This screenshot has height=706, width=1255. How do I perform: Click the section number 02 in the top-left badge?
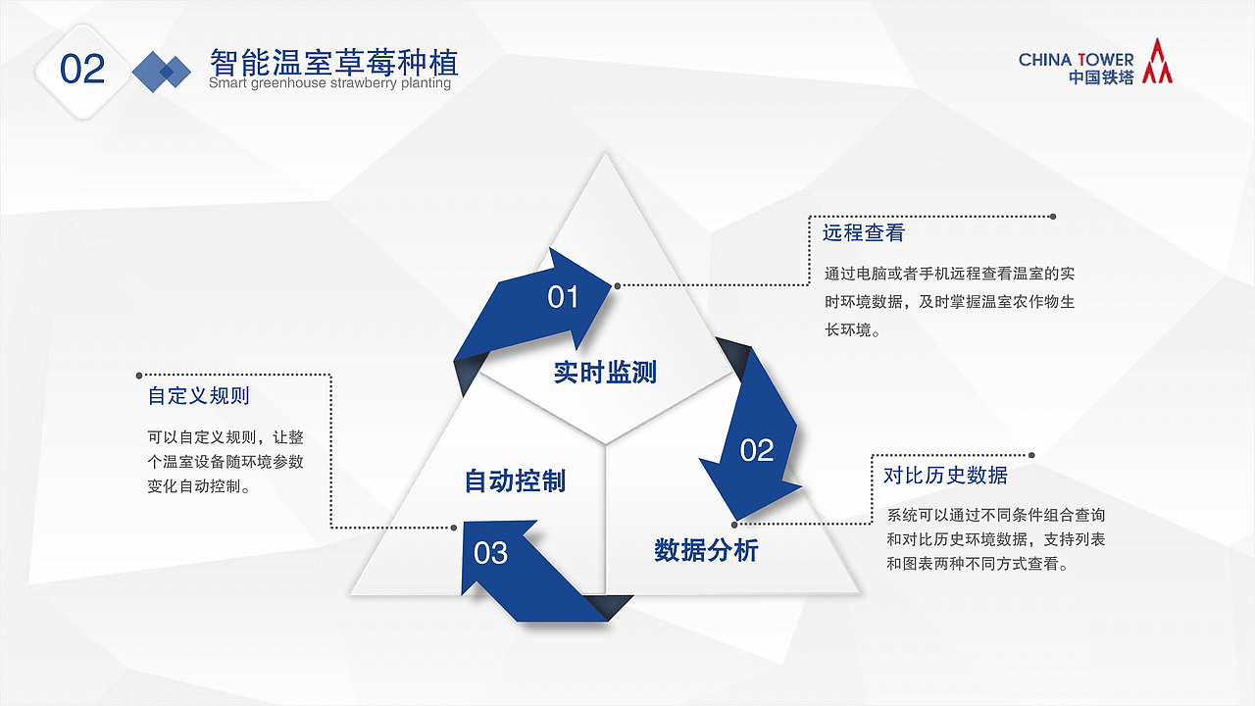(82, 69)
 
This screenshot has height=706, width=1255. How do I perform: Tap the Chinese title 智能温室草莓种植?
(333, 63)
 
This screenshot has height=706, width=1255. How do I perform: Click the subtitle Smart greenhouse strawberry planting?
(329, 83)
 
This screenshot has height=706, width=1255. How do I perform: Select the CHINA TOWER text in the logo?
(1076, 60)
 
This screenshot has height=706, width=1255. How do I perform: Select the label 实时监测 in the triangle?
(605, 372)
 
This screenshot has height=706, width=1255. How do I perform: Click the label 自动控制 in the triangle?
(515, 480)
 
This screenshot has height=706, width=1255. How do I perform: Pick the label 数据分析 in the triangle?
(706, 550)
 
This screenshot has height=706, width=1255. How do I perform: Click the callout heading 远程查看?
(863, 232)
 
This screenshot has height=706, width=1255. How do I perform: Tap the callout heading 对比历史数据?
(945, 476)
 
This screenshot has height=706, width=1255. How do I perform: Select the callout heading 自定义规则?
(198, 395)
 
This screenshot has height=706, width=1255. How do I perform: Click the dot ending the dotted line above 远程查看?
(1053, 216)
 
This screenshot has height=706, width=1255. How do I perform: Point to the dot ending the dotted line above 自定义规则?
(139, 375)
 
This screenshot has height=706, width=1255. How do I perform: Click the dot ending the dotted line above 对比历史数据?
(1031, 455)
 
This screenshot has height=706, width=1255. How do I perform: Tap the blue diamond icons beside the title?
(162, 72)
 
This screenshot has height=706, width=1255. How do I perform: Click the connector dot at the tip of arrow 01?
(618, 286)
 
